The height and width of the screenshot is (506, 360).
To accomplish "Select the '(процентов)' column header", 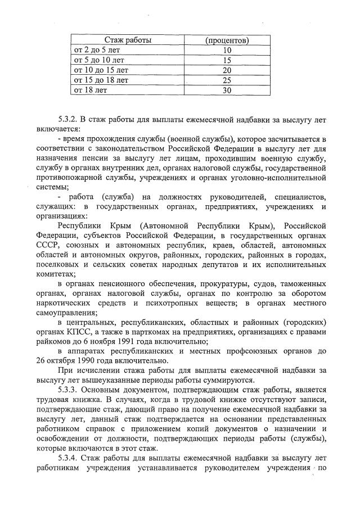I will coord(227,40).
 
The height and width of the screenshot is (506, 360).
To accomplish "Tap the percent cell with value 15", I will coord(227,60).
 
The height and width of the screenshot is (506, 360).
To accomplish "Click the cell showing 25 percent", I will coord(227,80).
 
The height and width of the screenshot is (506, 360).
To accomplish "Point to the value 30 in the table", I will coord(227,90).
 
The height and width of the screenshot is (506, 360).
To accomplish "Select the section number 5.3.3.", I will coord(70,389).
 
